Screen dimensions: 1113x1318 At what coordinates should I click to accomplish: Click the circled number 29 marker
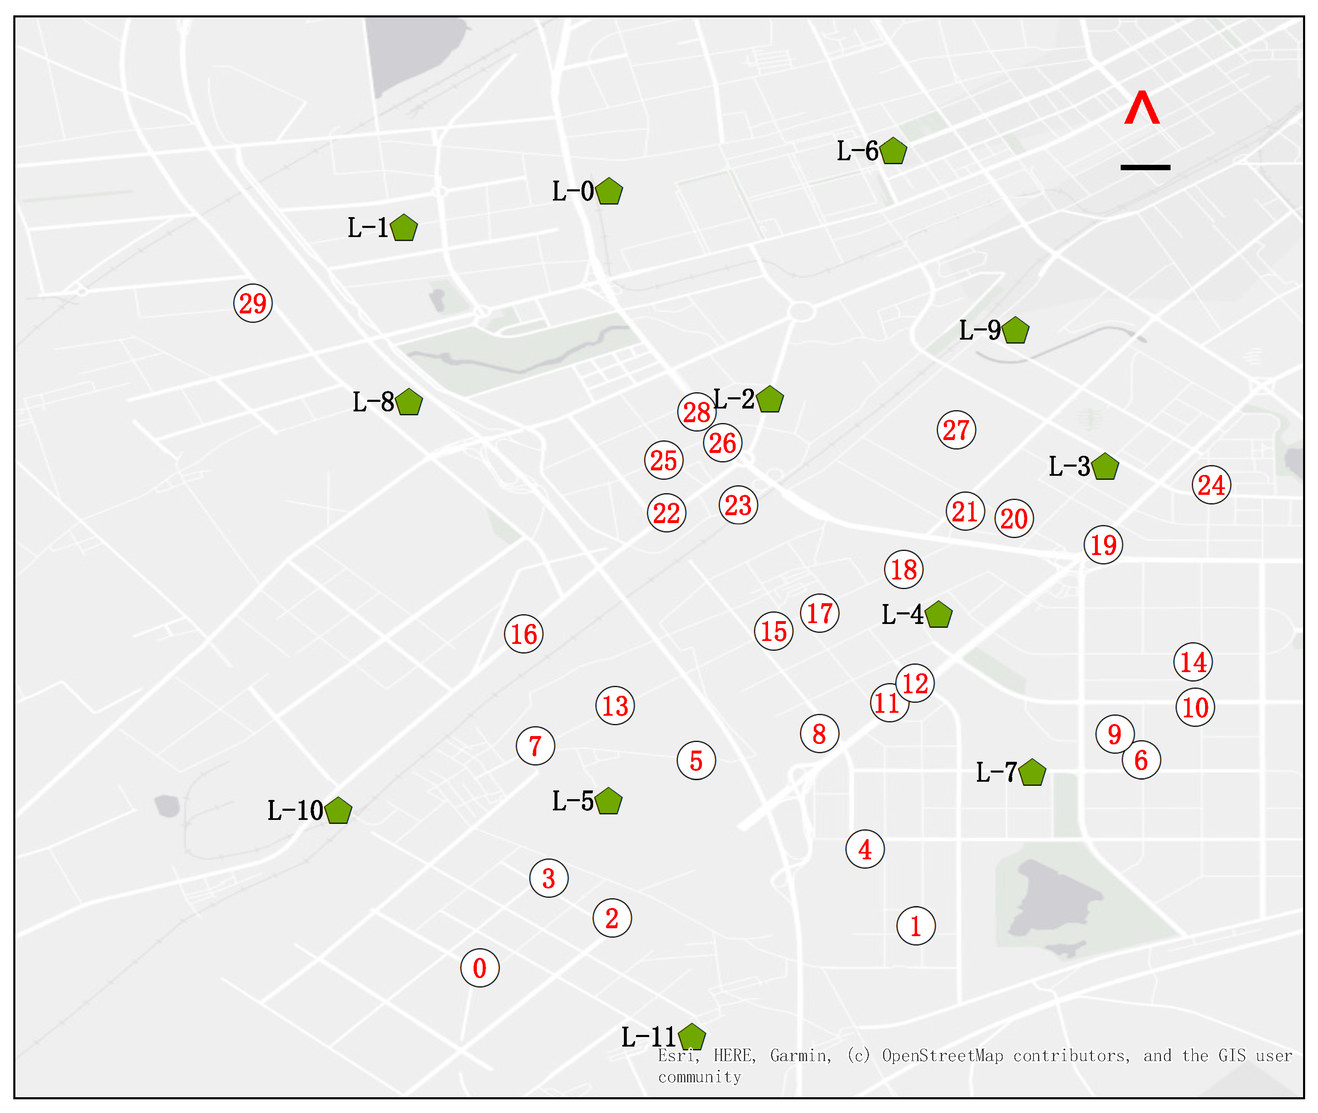tap(253, 303)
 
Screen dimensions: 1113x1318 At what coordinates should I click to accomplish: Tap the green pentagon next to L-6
tap(893, 152)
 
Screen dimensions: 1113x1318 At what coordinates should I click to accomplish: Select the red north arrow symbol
tap(1141, 108)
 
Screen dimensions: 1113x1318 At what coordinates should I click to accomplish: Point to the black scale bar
tap(1145, 167)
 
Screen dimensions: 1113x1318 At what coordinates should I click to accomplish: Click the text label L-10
tap(295, 811)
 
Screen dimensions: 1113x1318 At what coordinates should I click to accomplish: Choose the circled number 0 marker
tap(480, 968)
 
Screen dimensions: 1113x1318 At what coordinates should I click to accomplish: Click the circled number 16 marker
tap(523, 634)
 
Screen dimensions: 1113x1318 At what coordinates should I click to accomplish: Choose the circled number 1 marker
tap(915, 926)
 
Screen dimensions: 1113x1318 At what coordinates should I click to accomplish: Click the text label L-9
tap(979, 330)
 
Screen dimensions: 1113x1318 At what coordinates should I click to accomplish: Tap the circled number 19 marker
tap(1103, 545)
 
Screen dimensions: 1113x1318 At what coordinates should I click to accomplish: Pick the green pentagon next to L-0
tap(609, 192)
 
